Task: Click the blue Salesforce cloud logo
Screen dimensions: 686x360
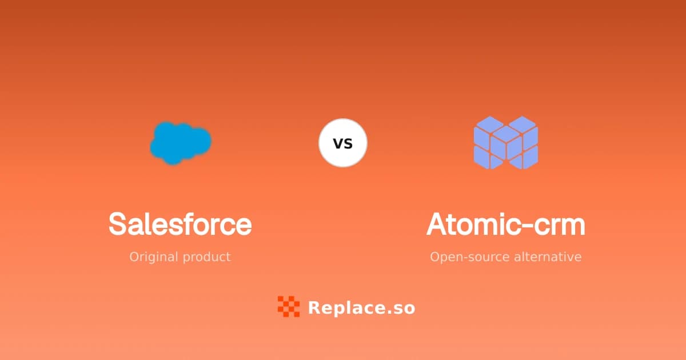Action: pos(181,143)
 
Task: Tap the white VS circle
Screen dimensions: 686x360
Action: pos(343,143)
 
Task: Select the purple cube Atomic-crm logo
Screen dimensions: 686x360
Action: pos(506,143)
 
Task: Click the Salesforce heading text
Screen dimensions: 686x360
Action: pos(180,224)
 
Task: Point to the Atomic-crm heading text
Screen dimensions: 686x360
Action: pos(506,224)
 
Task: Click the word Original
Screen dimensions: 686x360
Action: pos(154,257)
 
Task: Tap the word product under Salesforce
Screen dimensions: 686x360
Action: pos(207,257)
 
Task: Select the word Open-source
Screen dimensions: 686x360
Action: pos(470,257)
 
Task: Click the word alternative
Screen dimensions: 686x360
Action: pos(548,257)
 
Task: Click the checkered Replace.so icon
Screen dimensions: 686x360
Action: pos(289,306)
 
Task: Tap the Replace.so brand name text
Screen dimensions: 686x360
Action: pos(362,307)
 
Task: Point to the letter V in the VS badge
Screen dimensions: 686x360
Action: pos(338,143)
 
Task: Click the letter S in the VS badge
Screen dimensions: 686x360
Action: pos(349,143)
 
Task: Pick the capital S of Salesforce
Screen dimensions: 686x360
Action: pos(118,224)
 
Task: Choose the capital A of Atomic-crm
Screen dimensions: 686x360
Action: pos(438,224)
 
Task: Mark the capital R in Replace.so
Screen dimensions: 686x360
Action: pos(315,307)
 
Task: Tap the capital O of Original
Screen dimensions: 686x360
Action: pos(134,257)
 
